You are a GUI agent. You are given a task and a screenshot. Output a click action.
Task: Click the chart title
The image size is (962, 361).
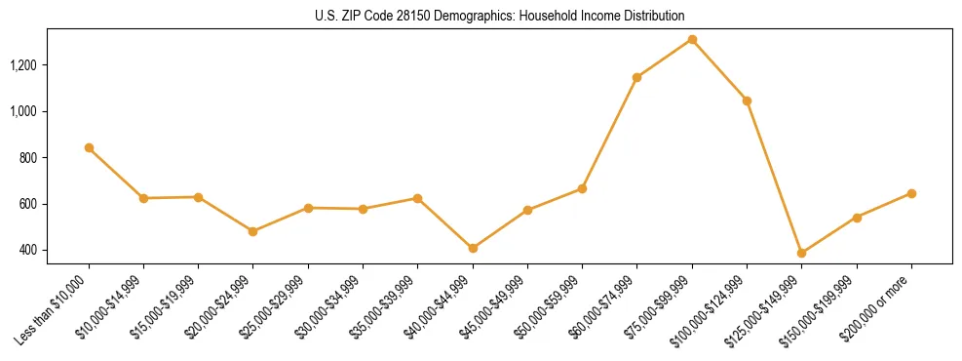point(500,16)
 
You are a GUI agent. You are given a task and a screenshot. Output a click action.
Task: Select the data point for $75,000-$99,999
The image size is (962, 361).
point(692,39)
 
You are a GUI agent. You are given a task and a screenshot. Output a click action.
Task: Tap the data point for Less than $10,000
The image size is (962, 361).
point(89,147)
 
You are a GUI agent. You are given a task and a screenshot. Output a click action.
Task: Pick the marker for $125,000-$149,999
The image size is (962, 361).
point(801,253)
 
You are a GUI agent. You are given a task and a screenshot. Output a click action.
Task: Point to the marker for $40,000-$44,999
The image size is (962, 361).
point(473,248)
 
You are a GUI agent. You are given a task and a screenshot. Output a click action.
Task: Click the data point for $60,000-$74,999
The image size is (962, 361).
point(636,77)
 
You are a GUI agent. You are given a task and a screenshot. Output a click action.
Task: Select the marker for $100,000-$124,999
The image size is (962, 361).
point(747,100)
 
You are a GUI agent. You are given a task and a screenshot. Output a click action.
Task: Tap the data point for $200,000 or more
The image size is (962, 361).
point(911,193)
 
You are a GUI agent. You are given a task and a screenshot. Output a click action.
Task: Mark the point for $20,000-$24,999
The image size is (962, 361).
point(253,231)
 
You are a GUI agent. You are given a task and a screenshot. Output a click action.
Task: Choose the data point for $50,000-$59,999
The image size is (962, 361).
point(582,188)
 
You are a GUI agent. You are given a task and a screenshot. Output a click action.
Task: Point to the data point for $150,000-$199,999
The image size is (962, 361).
point(857,218)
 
